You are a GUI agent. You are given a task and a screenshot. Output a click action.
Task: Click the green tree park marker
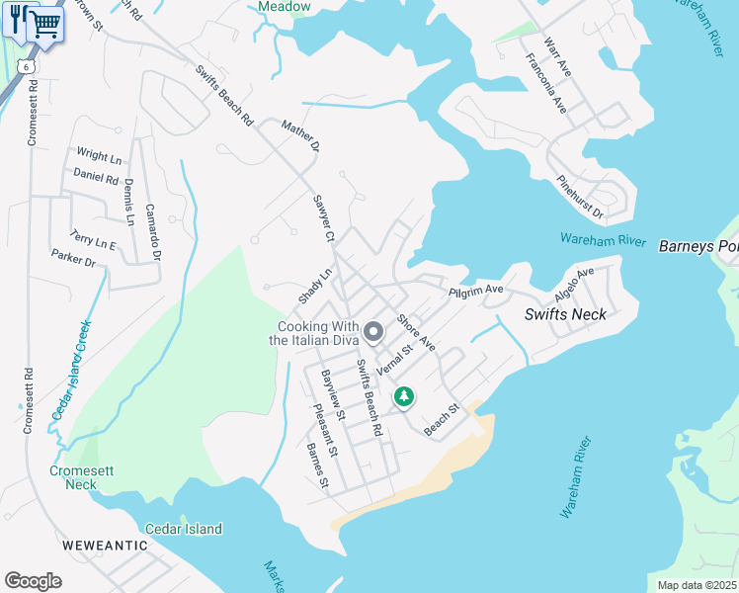click(x=403, y=396)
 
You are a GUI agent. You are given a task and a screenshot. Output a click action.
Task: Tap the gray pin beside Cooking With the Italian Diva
click(x=373, y=332)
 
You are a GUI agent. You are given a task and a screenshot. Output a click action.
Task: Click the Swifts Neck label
click(x=564, y=314)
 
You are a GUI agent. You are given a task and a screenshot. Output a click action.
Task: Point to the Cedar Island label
click(x=184, y=529)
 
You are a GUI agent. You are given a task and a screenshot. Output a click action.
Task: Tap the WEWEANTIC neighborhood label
click(x=97, y=545)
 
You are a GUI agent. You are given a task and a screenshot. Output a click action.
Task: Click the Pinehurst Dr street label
click(x=579, y=198)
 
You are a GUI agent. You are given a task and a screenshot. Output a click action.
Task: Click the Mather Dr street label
click(x=301, y=135)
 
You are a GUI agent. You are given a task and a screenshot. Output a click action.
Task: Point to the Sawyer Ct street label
click(x=325, y=218)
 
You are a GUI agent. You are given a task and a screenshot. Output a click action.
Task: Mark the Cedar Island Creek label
click(x=71, y=369)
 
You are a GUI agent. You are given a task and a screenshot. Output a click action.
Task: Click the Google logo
click(x=33, y=581)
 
